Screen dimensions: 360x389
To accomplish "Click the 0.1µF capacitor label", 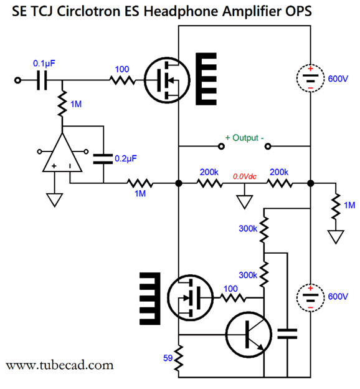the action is click(x=44, y=64).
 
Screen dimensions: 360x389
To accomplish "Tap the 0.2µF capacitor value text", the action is click(x=126, y=158).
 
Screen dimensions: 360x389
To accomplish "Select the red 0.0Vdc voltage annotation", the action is click(x=244, y=176).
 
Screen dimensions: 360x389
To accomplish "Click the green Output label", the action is click(x=244, y=138).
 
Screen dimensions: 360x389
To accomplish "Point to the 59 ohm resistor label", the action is click(x=168, y=358).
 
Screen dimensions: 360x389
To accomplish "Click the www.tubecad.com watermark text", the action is click(x=60, y=365).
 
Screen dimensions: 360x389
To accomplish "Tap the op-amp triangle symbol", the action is click(x=62, y=152).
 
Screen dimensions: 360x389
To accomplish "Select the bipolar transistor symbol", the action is click(x=249, y=335).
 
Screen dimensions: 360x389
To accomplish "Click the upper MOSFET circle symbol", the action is click(x=167, y=80).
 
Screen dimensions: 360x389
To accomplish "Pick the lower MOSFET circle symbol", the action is click(x=190, y=297).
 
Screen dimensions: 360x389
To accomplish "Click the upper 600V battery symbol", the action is click(x=310, y=79).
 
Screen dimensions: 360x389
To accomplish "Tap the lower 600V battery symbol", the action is click(x=310, y=297).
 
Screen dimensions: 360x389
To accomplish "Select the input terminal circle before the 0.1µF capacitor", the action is click(x=17, y=80).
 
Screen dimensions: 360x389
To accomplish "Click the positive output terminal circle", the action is click(x=221, y=146).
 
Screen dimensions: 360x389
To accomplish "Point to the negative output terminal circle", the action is click(x=268, y=146).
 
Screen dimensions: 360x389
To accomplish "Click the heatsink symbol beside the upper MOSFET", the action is click(x=206, y=79).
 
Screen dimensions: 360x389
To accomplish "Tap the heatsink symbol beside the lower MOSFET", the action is click(x=150, y=299).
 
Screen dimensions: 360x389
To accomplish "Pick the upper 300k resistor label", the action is click(x=248, y=229).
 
